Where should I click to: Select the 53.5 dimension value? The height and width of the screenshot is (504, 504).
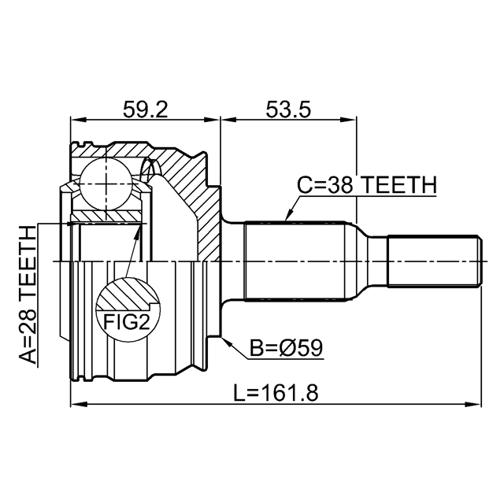point(287,109)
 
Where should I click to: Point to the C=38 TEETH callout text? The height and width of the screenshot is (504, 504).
point(365,185)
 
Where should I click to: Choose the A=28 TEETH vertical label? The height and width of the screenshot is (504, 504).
point(28,296)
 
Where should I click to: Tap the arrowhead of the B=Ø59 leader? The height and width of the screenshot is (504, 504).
point(225,340)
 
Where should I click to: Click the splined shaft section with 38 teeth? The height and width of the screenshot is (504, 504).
point(295,260)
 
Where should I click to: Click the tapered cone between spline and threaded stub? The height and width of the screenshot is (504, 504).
point(365,260)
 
